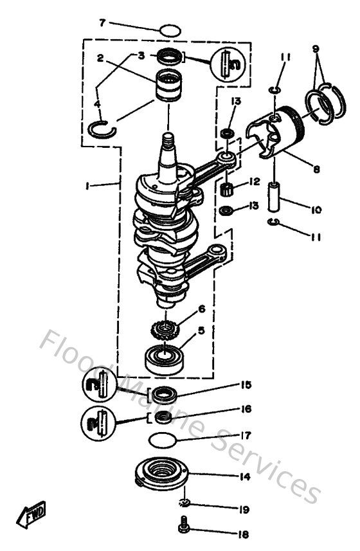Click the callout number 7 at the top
click(x=102, y=23)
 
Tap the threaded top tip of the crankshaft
click(x=168, y=138)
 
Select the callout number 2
click(x=101, y=58)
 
